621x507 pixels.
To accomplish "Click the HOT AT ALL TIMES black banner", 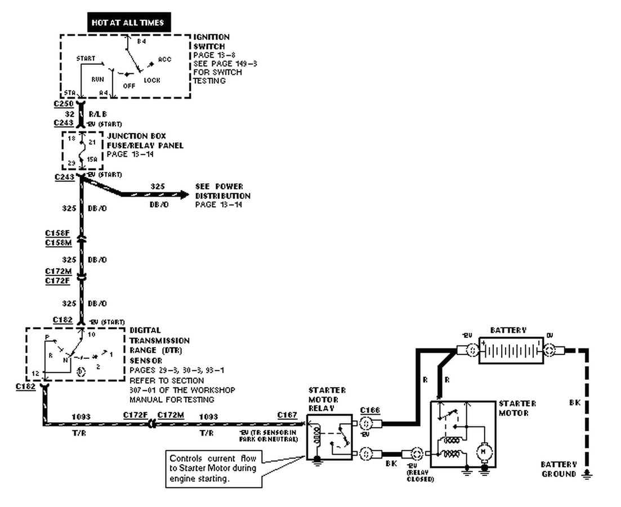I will [128, 23].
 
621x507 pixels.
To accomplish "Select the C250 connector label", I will [64, 105].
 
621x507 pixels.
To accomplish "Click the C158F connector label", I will [59, 233].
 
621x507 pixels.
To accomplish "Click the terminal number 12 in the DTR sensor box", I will [35, 373].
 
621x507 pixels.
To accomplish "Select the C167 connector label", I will [287, 415].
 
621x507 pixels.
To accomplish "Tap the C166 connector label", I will [370, 410].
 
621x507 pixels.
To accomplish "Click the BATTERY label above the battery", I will [508, 330].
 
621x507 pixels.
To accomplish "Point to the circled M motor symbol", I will [483, 451].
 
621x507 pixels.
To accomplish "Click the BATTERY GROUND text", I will [559, 469].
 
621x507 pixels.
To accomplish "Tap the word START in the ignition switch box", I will [86, 59].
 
